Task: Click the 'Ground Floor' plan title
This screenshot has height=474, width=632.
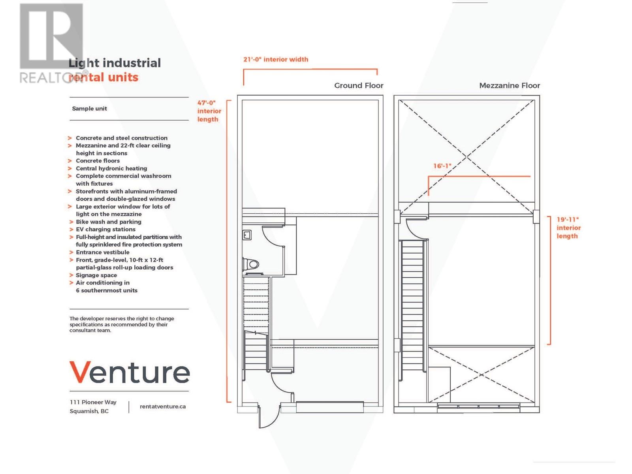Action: (x=359, y=85)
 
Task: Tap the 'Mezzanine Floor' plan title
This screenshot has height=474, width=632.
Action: (x=509, y=85)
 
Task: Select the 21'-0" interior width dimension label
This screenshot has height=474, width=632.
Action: (x=276, y=59)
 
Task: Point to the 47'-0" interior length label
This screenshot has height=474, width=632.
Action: (x=209, y=111)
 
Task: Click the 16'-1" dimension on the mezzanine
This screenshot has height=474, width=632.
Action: (x=442, y=166)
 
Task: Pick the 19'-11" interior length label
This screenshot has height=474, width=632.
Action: (x=568, y=228)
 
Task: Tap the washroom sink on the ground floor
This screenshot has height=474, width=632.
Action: (x=247, y=235)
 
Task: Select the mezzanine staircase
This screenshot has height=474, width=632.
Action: (x=412, y=308)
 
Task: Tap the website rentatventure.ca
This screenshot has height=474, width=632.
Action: (x=162, y=406)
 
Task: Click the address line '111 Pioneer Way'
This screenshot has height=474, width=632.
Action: (x=93, y=402)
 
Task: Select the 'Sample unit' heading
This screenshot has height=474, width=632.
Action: (x=89, y=109)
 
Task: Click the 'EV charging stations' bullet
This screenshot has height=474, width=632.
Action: (x=105, y=229)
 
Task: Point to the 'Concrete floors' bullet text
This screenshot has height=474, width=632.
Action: (x=98, y=161)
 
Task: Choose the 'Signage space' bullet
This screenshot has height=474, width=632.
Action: (x=96, y=275)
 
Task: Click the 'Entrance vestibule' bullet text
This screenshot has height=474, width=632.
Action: (x=103, y=252)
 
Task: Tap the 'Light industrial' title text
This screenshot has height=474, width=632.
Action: (x=115, y=63)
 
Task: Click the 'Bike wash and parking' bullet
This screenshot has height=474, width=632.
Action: (x=109, y=222)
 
